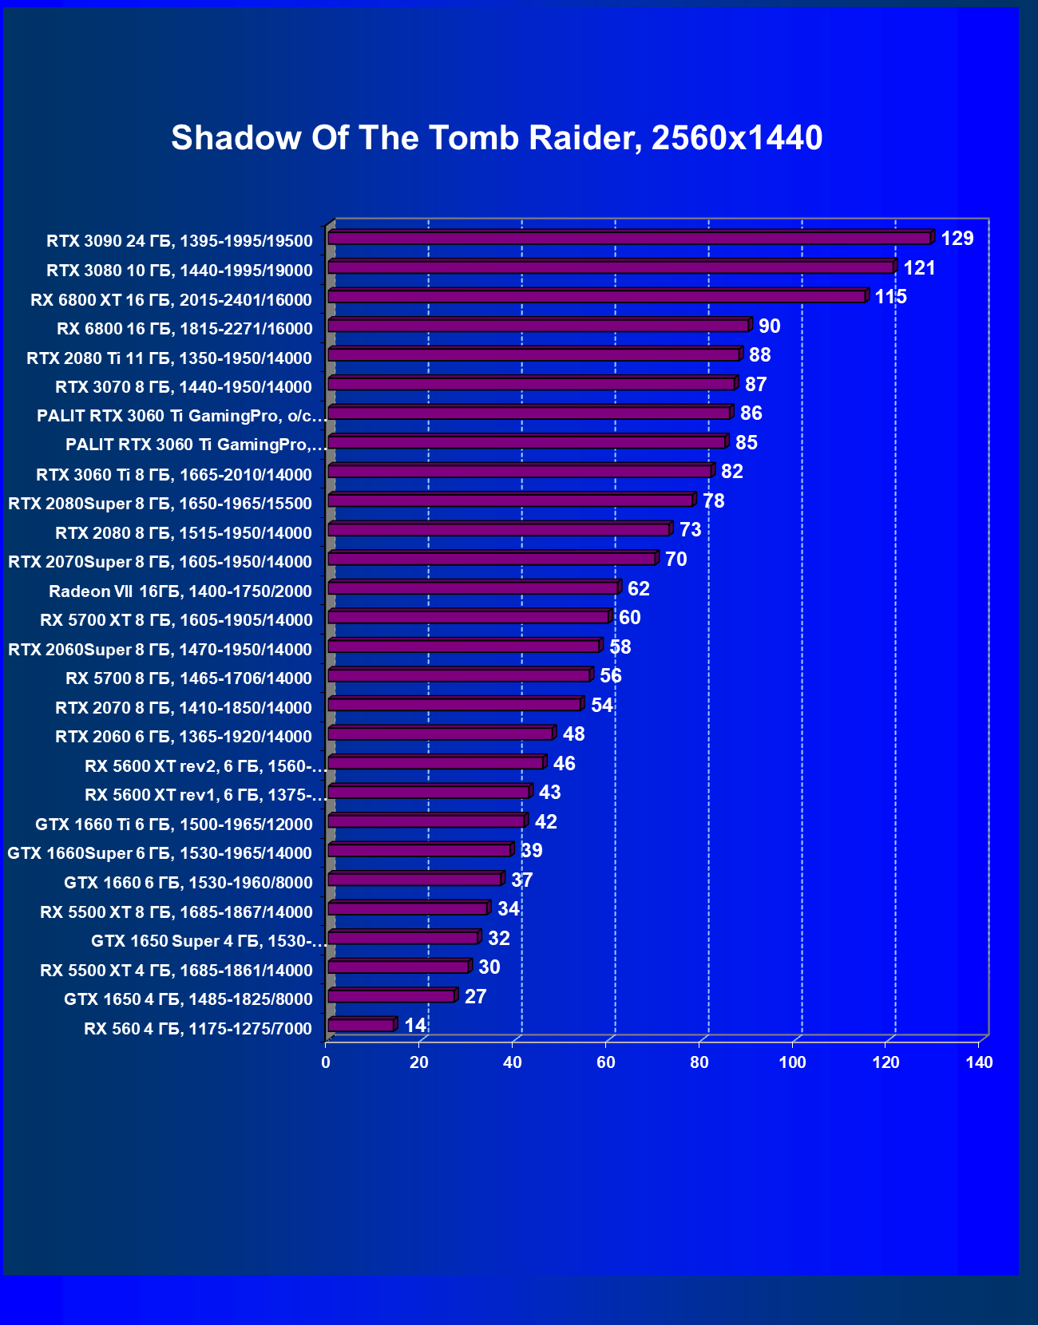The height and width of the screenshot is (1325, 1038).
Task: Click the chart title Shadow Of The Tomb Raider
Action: coord(497,138)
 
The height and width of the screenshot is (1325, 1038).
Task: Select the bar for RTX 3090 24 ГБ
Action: coord(629,238)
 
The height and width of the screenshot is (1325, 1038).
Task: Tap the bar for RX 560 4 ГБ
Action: coord(361,1025)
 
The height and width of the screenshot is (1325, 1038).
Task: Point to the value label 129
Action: coord(957,238)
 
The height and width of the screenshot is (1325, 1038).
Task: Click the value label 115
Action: coord(890,297)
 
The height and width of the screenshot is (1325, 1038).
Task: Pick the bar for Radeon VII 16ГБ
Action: coord(473,588)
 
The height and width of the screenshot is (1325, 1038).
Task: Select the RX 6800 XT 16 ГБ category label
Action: coord(171,300)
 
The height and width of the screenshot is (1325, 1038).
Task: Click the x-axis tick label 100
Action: coord(792,1062)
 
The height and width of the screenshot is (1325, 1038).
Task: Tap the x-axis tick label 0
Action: coord(326,1062)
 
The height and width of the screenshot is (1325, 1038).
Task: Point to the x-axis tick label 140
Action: coord(979,1062)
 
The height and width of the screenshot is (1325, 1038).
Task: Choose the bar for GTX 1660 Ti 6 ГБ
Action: coord(426,821)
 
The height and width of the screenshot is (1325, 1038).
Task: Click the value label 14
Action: coord(415,1025)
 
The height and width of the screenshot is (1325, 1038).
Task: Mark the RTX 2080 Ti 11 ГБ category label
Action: coord(168,358)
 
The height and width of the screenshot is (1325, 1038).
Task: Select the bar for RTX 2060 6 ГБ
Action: coord(440,734)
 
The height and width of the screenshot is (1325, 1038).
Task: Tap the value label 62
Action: coord(638,588)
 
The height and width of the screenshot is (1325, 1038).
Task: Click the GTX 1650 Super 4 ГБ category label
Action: coord(208,941)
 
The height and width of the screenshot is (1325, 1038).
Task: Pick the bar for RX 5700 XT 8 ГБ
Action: coord(468,617)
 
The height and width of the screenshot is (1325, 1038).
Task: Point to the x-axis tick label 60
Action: coord(606,1062)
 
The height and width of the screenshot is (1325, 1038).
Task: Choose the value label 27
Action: coord(475,996)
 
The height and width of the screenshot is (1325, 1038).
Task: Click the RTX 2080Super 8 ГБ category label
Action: coord(160,504)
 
